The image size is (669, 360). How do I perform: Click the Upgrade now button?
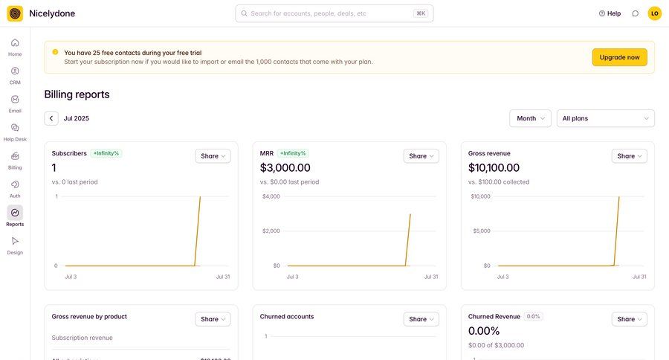point(619,57)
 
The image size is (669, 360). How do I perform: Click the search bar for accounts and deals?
point(334,13)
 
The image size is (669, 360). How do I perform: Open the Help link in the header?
point(610,13)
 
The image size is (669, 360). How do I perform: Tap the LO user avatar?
point(654,13)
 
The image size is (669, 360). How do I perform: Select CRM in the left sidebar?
point(15,75)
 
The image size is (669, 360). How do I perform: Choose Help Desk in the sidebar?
point(15,132)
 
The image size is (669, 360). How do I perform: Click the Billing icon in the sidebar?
point(15,157)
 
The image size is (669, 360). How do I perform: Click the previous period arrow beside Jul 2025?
point(51,118)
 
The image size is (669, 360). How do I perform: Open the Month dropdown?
point(530,118)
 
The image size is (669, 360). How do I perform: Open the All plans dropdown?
point(605,118)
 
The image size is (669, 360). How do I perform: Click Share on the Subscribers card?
point(213,156)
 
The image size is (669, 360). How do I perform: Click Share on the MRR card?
point(421,156)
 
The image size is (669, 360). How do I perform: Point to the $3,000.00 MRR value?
point(285,168)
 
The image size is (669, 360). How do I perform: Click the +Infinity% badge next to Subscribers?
point(106,153)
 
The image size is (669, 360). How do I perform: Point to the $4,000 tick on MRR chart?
point(271,196)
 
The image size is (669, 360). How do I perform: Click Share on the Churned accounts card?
point(421,319)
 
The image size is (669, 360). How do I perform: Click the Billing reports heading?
point(77,94)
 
